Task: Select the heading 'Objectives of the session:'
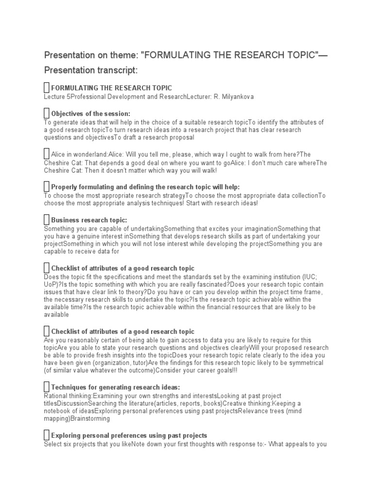(90, 114)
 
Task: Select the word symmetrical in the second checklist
(303, 363)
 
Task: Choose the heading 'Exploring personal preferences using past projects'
(129, 435)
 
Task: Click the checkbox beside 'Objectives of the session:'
(47, 114)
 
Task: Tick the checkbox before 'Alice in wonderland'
(47, 154)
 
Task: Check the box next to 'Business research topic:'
(47, 220)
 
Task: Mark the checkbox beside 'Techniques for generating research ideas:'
(47, 387)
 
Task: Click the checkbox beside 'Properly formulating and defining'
(47, 187)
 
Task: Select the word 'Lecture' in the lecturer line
(54, 97)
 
